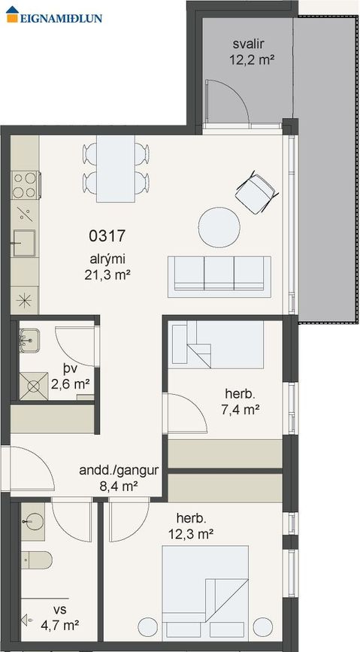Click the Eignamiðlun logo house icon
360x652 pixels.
tap(12, 14)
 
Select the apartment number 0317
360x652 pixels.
tap(107, 236)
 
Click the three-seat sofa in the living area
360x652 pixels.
tap(219, 277)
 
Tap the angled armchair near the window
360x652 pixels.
tap(256, 193)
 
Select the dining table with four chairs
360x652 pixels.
tap(116, 168)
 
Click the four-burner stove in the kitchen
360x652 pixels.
tap(26, 185)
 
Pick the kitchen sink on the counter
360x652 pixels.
tap(23, 243)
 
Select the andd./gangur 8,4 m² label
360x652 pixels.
tap(119, 478)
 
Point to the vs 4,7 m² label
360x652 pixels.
tap(60, 617)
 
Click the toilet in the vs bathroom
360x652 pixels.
tap(36, 560)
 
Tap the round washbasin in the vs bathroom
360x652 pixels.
tap(34, 521)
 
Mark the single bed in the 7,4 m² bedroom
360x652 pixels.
tap(218, 344)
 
